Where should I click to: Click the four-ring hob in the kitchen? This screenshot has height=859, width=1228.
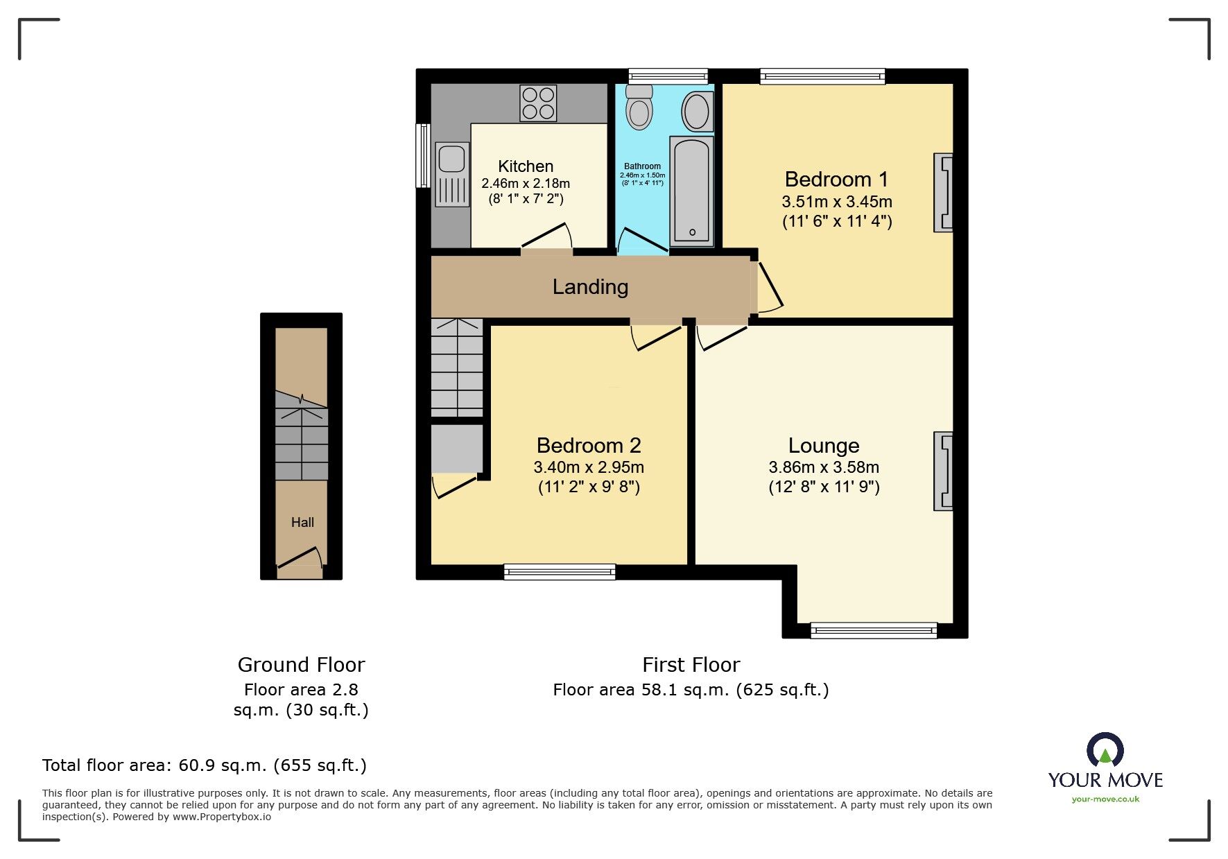point(538,103)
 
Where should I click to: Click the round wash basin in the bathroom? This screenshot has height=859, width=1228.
point(696,112)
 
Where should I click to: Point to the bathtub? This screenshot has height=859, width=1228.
point(691,191)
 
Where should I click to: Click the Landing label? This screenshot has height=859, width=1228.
point(590,287)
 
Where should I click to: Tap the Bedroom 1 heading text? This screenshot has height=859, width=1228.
point(836,180)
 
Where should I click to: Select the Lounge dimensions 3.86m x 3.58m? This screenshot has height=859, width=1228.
point(824,467)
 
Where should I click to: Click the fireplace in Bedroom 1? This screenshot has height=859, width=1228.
point(944,192)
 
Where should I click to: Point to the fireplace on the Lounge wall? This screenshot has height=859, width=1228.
point(944,471)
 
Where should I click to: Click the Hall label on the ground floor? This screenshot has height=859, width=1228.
point(302,523)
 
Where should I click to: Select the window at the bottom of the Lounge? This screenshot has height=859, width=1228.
point(874,630)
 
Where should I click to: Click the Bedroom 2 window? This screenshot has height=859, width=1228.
point(560,572)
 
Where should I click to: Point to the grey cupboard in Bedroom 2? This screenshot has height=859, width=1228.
point(457,449)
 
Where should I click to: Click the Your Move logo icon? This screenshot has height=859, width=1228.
point(1105,751)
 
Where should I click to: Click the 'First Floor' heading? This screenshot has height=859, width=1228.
point(691,666)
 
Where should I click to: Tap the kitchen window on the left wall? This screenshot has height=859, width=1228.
point(422,155)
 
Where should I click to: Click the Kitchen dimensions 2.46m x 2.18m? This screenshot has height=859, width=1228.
point(526,184)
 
